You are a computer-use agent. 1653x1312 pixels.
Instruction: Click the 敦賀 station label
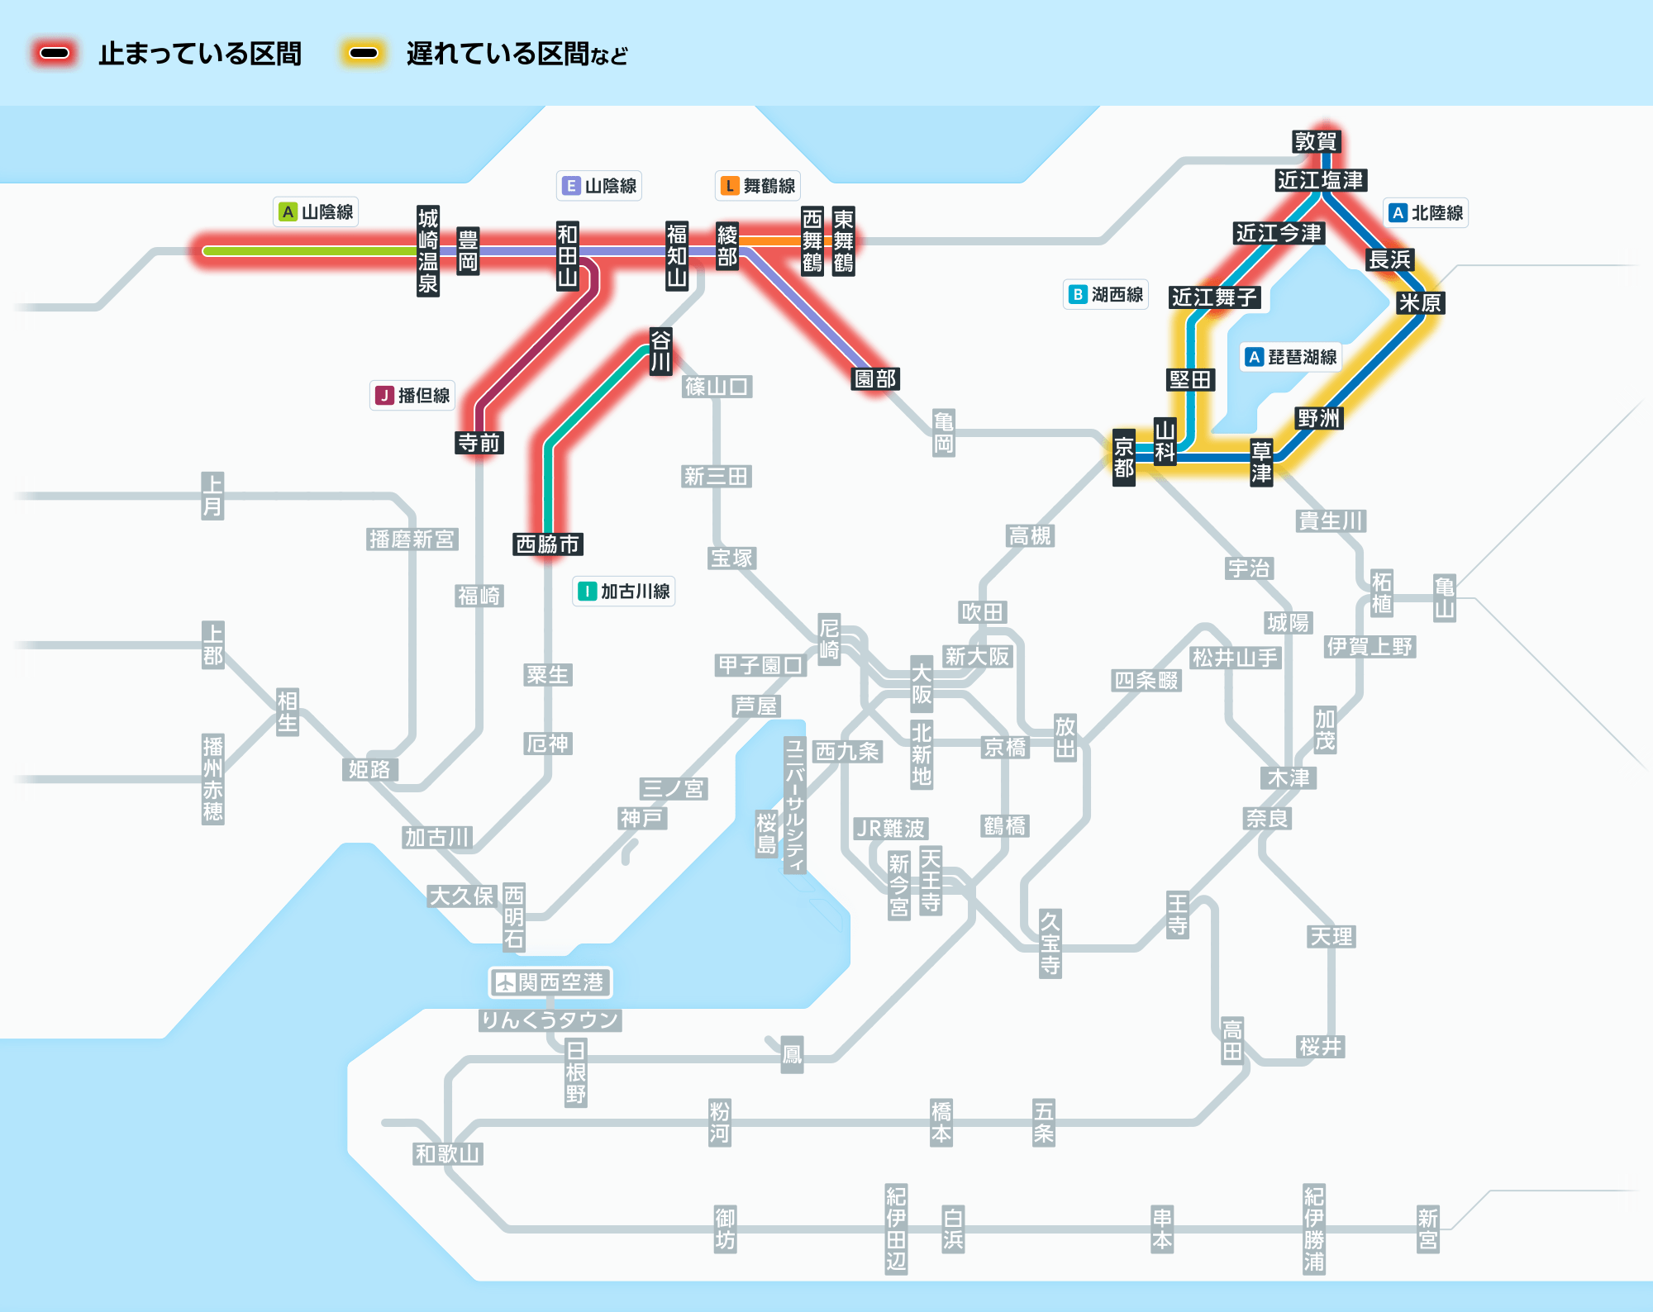point(1316,141)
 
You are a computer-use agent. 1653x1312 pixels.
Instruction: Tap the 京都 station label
point(1123,458)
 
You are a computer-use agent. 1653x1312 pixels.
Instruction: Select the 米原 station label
point(1419,302)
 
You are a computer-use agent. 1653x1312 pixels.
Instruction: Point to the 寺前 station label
point(479,443)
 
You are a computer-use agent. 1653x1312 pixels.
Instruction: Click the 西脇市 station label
point(547,544)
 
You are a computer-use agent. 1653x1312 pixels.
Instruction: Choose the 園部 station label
point(875,378)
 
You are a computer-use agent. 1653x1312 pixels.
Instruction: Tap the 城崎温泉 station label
point(427,251)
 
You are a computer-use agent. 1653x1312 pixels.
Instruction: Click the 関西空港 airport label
point(550,982)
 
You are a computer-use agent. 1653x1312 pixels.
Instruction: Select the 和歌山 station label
point(447,1153)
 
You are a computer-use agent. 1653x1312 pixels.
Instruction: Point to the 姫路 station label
point(369,769)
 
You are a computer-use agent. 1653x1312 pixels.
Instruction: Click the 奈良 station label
point(1267,818)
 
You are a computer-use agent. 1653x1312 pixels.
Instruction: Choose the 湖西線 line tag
point(1106,294)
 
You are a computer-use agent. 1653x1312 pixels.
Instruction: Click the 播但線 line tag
point(412,396)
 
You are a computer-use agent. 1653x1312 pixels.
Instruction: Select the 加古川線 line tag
point(624,592)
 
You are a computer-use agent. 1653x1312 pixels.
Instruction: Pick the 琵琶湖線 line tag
point(1292,357)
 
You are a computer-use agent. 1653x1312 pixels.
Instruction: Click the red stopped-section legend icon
point(55,54)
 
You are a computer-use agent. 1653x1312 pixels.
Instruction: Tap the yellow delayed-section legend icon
point(363,54)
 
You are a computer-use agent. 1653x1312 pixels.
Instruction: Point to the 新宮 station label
point(1427,1229)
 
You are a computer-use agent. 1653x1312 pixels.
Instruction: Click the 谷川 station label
point(660,351)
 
